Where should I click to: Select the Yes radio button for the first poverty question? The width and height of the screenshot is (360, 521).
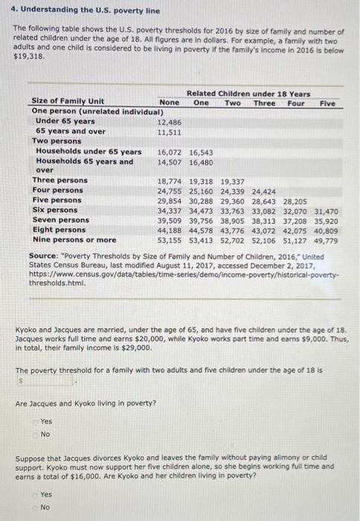tap(35, 421)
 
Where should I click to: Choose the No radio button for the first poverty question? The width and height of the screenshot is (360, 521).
tap(35, 433)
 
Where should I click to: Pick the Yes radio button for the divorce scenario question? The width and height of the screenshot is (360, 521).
tap(35, 493)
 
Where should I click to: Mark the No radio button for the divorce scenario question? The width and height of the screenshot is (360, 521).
tap(35, 507)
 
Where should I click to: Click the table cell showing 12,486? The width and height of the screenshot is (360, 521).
tap(170, 121)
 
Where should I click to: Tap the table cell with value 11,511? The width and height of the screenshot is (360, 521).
tap(170, 132)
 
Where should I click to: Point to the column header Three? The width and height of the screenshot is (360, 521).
tap(264, 103)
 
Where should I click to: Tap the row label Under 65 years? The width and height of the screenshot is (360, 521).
tap(65, 121)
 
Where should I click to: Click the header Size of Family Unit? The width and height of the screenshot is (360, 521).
tap(68, 102)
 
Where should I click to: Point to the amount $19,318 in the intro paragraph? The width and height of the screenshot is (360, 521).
tap(30, 57)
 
